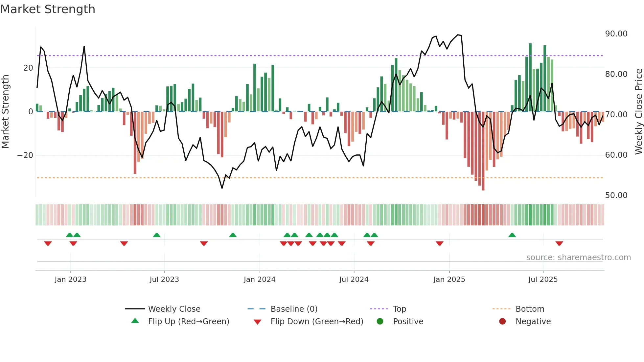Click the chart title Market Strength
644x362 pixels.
48,9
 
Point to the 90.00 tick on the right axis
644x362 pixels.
616,34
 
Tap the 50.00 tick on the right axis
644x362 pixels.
616,195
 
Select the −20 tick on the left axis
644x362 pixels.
25,155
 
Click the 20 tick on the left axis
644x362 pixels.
28,68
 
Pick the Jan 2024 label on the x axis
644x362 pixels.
260,280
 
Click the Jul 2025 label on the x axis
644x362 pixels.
543,280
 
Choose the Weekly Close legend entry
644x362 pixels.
174,309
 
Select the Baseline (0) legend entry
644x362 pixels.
294,309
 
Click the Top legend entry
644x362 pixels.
400,309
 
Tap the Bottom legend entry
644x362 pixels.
530,309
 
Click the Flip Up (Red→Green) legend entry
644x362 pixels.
188,322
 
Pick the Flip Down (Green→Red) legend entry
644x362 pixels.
316,322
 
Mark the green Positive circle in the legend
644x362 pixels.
380,322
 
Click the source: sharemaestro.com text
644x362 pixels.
578,258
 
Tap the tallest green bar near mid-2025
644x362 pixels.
530,77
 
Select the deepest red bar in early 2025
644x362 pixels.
483,151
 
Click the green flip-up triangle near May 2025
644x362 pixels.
512,235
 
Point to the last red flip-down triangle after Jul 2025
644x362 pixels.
559,243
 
